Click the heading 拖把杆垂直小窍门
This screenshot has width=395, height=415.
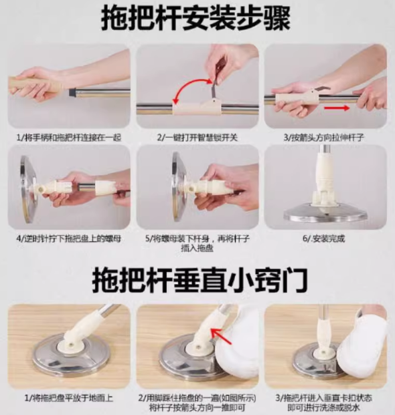(200, 279)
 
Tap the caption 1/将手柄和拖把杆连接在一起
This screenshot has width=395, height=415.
(69, 138)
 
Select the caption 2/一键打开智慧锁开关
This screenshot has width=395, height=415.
(197, 138)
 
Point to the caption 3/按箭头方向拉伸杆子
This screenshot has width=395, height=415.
(324, 138)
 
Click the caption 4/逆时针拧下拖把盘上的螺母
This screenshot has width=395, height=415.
(69, 239)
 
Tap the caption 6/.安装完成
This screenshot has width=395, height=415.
(324, 239)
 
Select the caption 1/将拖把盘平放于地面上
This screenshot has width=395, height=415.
(69, 398)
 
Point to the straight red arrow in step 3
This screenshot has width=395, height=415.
(337, 108)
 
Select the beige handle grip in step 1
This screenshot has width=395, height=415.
(35, 87)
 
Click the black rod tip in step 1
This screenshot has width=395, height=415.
(72, 92)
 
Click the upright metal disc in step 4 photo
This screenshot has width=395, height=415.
(28, 189)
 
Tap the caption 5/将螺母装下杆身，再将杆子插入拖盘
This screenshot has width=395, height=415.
(197, 243)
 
